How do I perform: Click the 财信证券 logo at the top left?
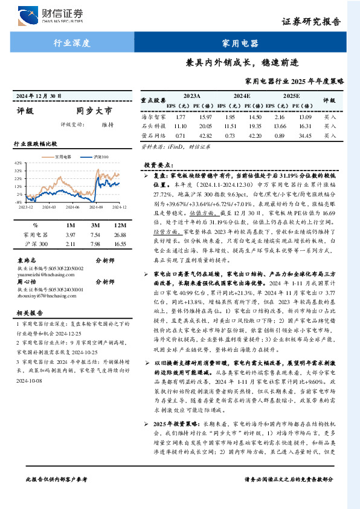[51, 15]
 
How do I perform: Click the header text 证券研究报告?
[319, 22]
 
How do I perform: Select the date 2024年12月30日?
[39, 96]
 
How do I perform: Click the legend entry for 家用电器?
[63, 157]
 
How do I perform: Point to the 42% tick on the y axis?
[18, 163]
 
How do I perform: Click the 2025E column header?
[291, 96]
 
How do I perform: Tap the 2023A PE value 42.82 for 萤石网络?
[207, 135]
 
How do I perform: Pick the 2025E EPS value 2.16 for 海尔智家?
[279, 115]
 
